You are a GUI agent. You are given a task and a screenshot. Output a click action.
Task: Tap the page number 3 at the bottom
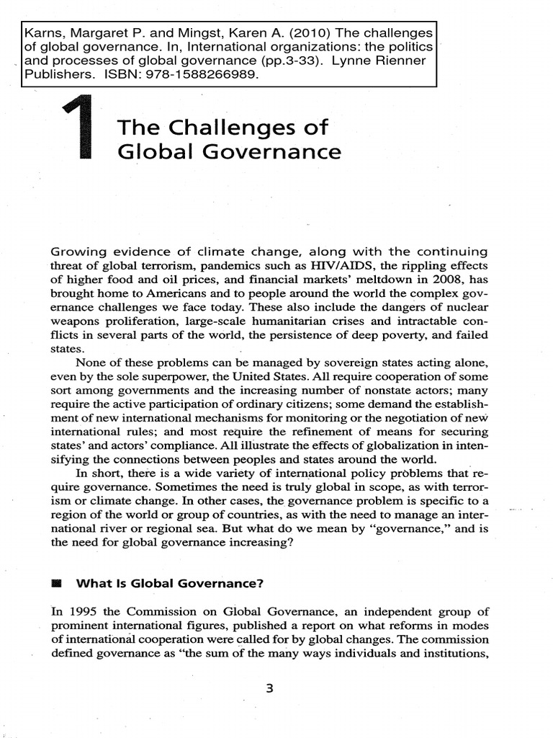(x=269, y=688)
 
